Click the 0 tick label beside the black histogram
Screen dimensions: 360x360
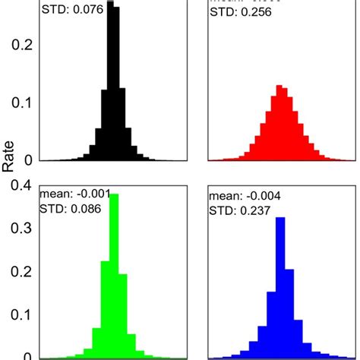(x=27, y=160)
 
